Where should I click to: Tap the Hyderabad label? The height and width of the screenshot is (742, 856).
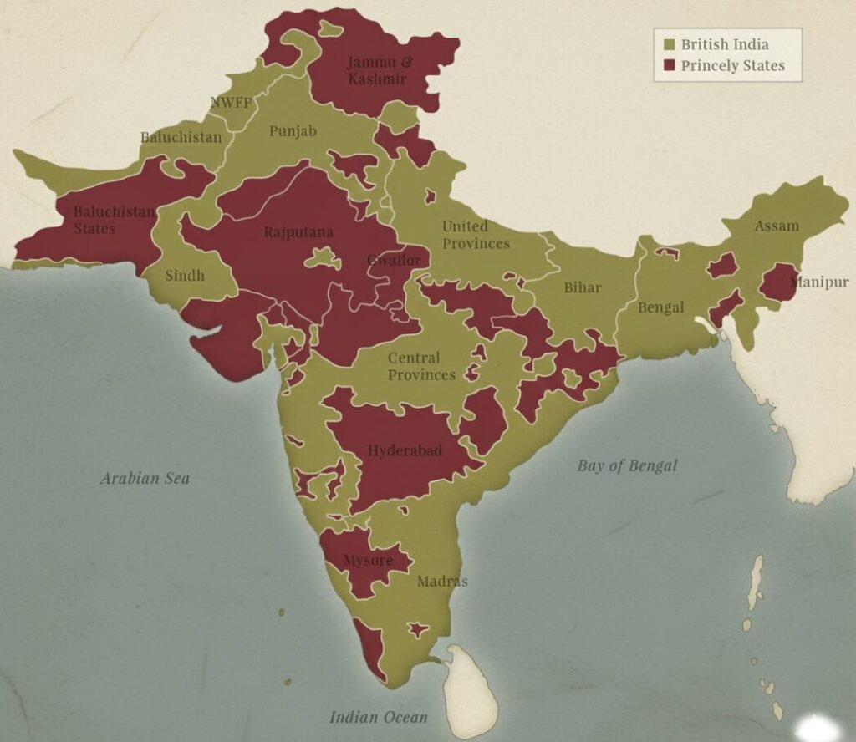(405, 451)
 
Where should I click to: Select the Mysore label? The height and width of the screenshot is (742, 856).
(368, 561)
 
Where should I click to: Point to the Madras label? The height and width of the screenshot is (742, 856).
(442, 582)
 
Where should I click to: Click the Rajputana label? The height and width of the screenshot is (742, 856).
(298, 232)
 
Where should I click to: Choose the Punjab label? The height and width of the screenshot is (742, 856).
(293, 131)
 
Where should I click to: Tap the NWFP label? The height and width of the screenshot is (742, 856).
(231, 104)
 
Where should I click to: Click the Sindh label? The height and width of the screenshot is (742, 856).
(185, 276)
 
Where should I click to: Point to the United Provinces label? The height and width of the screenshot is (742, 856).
(476, 235)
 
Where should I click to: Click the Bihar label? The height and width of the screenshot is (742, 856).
(582, 287)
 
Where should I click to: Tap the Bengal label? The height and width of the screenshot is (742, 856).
(661, 307)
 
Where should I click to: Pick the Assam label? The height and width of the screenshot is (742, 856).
(777, 226)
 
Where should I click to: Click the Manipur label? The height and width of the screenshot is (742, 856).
(819, 282)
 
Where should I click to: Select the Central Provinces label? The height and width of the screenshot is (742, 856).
(421, 366)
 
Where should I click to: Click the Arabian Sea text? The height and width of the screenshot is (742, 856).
(145, 479)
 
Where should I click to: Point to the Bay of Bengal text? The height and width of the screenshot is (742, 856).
(627, 466)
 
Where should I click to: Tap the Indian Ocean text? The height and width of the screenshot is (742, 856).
(378, 717)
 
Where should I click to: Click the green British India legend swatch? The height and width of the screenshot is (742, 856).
(669, 44)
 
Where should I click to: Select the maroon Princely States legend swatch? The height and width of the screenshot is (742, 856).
(669, 65)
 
